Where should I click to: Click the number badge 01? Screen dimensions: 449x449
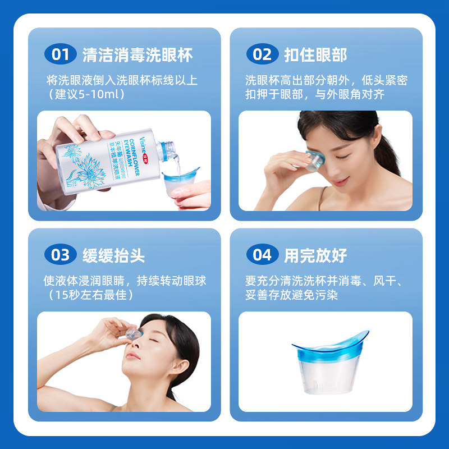tap(61, 54)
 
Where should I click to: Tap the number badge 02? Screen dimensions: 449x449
tap(262, 54)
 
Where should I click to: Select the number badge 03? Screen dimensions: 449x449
tap(61, 255)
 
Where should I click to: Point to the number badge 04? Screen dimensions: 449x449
tap(262, 255)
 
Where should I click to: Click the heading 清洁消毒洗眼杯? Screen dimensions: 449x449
tap(138, 54)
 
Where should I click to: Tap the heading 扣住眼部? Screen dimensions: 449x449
tap(315, 54)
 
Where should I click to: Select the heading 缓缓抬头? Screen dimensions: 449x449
tap(114, 255)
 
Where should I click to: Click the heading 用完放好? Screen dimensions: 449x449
tap(315, 255)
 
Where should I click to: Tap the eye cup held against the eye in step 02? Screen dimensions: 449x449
tap(314, 161)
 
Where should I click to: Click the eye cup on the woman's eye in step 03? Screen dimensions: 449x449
tap(134, 334)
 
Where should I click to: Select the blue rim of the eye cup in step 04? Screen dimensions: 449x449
tap(330, 348)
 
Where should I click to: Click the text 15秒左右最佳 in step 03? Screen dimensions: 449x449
tap(91, 295)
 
